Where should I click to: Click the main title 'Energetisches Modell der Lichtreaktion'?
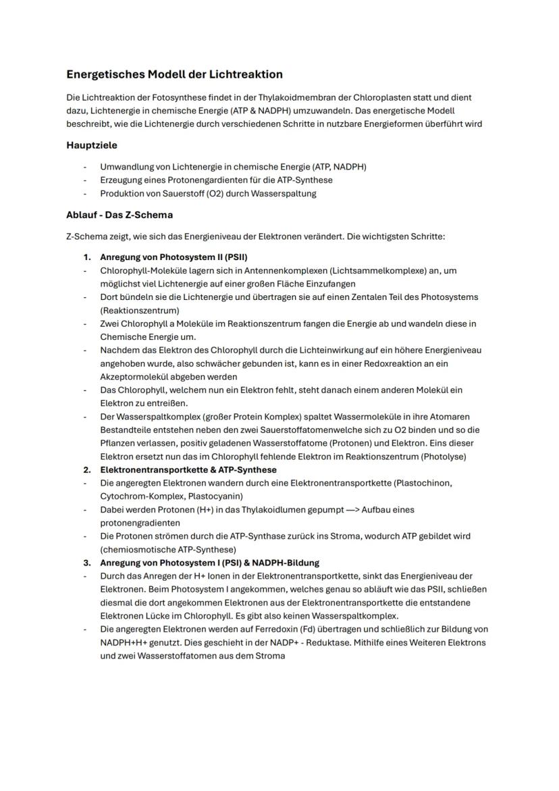point(174,74)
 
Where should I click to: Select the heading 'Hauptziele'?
point(92,145)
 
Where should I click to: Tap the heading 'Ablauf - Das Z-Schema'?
point(119,215)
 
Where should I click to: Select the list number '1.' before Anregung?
point(87,257)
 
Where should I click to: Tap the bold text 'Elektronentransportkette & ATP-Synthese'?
point(188,469)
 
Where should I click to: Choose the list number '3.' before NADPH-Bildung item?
point(87,563)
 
